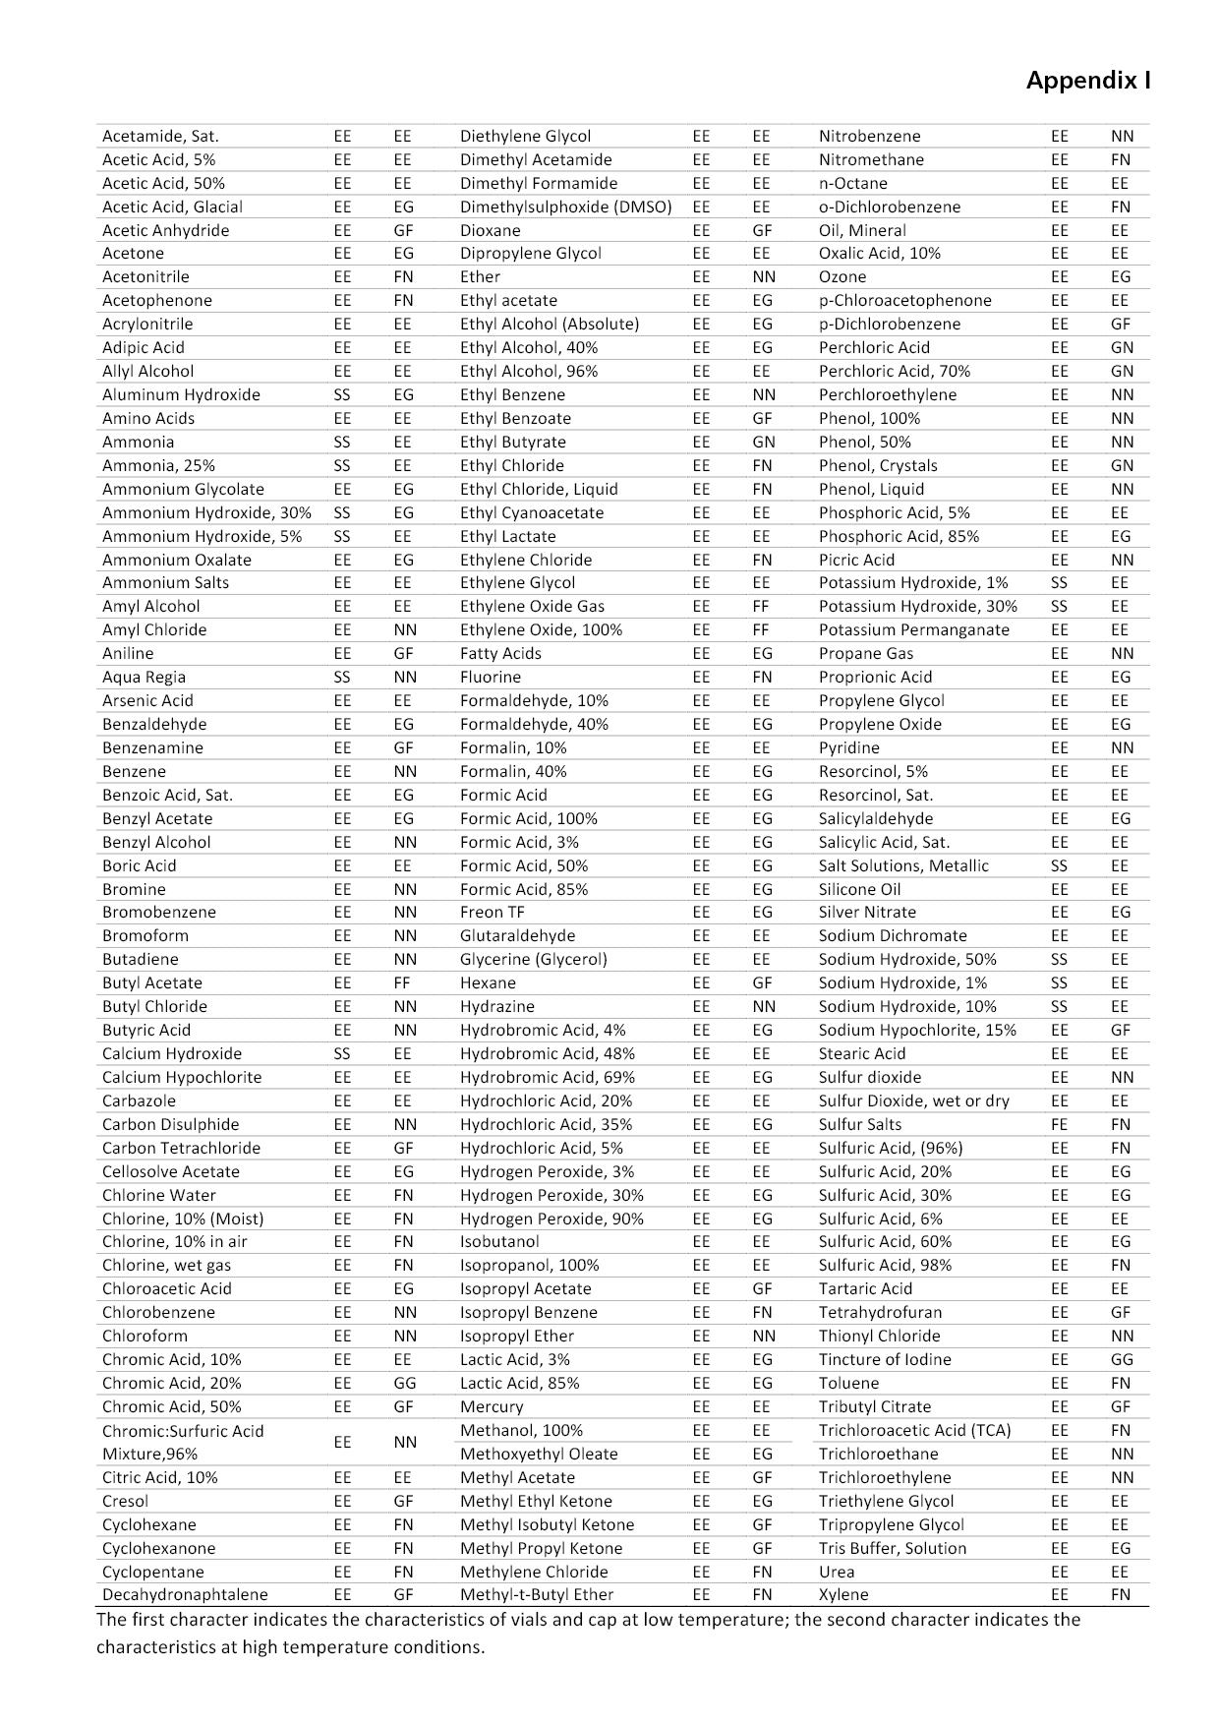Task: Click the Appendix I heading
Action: pos(1088,81)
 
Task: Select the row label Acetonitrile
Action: pos(145,277)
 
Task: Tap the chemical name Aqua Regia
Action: pos(144,678)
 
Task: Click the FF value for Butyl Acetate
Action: pos(402,983)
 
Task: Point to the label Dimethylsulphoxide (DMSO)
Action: pos(565,207)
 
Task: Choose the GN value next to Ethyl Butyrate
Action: pos(763,443)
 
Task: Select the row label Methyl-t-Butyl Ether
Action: pos(537,1595)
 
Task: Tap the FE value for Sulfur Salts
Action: pos(1060,1125)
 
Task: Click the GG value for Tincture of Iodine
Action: pos(1122,1360)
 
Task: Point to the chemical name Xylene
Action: pos(843,1595)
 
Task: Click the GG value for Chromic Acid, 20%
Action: pos(403,1384)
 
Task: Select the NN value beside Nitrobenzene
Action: pos(1122,137)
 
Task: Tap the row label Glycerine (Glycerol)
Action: pos(533,960)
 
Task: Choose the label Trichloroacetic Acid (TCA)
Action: pos(914,1431)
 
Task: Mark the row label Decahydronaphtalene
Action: pos(185,1595)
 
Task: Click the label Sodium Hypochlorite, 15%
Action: pos(917,1031)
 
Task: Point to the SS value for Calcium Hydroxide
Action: pos(342,1054)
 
